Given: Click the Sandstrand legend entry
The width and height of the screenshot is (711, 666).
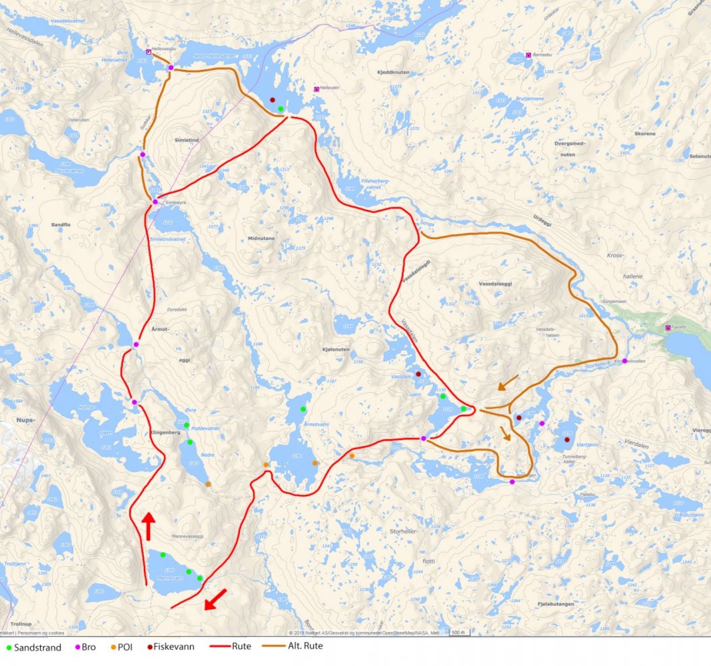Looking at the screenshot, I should (x=34, y=647).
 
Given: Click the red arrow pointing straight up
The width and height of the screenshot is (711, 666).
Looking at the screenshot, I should (x=148, y=525).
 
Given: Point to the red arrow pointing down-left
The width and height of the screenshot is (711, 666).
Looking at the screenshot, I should (x=215, y=599).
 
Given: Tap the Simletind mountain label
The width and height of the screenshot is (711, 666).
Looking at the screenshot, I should (x=186, y=141).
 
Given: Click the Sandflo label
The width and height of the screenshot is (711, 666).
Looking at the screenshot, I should (x=60, y=225).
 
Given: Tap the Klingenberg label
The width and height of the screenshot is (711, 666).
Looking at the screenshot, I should (x=158, y=432).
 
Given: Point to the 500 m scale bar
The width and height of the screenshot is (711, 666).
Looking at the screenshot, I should (x=458, y=632).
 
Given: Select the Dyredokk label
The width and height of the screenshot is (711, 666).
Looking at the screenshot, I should (x=177, y=309).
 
